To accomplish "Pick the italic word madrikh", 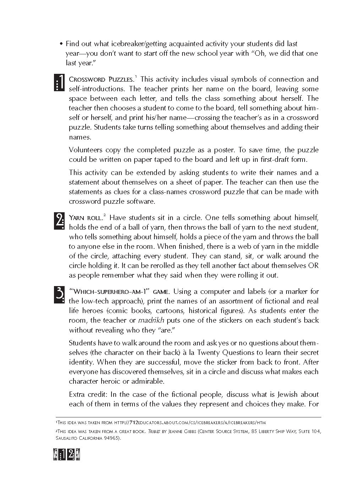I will (x=151, y=321).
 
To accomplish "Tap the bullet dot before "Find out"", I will (x=61, y=44).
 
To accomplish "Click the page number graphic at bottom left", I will (x=66, y=455).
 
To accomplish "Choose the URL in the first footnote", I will (x=190, y=423).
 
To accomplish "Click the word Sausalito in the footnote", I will (x=67, y=438).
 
